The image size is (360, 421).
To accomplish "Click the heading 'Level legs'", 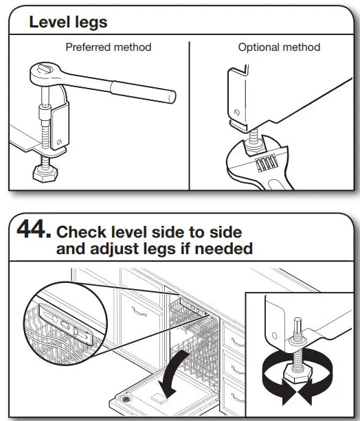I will click(x=67, y=22).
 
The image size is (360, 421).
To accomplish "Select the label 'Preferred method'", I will click(x=108, y=47).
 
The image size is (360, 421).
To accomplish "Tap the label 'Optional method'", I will click(x=279, y=47).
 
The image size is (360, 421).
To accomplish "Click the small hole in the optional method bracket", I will click(x=236, y=112).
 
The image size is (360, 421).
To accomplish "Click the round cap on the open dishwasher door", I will click(x=126, y=398).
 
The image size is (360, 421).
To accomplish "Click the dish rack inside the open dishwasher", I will click(x=189, y=337).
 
